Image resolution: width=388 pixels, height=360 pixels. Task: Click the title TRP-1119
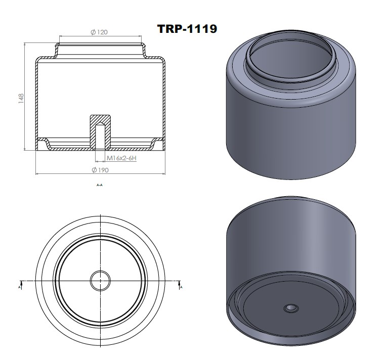pyautogui.click(x=187, y=29)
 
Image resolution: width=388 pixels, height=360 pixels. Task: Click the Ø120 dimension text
pyautogui.click(x=99, y=32)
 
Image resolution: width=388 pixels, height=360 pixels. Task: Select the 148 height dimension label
pyautogui.click(x=21, y=98)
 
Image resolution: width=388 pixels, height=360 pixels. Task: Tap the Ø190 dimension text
pyautogui.click(x=99, y=170)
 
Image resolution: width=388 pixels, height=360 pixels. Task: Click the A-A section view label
pyautogui.click(x=100, y=186)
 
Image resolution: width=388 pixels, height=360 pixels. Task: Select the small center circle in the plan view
pyautogui.click(x=100, y=280)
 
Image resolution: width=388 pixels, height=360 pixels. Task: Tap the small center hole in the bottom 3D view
pyautogui.click(x=291, y=308)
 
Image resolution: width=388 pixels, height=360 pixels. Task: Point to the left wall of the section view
pyautogui.click(x=36, y=101)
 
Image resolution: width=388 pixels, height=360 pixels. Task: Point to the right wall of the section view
pyautogui.click(x=164, y=101)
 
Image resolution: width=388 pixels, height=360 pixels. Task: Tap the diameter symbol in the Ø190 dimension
pyautogui.click(x=94, y=170)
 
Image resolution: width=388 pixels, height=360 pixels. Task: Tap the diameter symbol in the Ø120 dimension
pyautogui.click(x=94, y=32)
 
